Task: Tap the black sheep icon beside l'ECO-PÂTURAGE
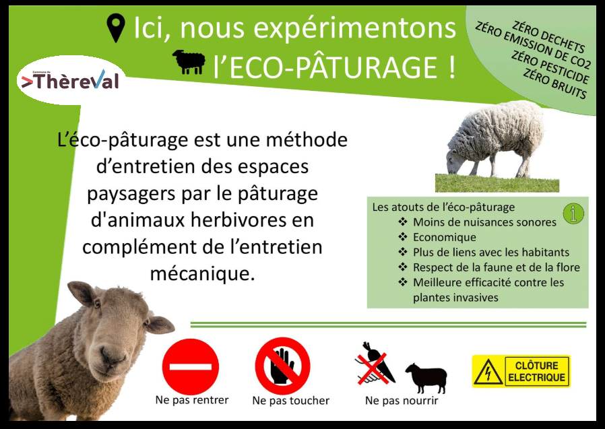(189, 62)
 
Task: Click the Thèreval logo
(70, 80)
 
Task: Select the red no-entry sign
(191, 366)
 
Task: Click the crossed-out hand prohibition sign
(283, 366)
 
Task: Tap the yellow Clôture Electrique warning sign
(521, 371)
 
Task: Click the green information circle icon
(573, 213)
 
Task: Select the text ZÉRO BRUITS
(555, 84)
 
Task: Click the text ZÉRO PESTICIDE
(550, 67)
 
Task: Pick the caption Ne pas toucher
(291, 401)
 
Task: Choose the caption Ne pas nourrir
(402, 401)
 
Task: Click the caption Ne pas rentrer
(192, 399)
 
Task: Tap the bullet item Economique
(445, 237)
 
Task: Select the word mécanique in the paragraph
(203, 273)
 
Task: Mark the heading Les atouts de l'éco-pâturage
(443, 207)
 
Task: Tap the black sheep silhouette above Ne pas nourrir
(426, 377)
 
